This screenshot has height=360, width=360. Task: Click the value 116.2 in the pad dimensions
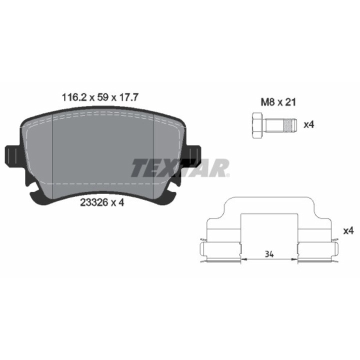[x=74, y=97]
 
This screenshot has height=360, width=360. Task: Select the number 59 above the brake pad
[x=103, y=97]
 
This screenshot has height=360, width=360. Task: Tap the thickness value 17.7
[x=128, y=97]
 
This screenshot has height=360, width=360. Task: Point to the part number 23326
[x=94, y=202]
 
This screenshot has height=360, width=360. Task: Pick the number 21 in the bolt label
[x=290, y=102]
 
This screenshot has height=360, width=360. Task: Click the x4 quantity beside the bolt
[x=309, y=125]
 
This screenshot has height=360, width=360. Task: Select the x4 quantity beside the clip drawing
[x=348, y=231]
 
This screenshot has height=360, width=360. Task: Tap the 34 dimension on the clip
[x=269, y=254]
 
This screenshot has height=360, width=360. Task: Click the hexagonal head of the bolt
[x=258, y=125]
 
